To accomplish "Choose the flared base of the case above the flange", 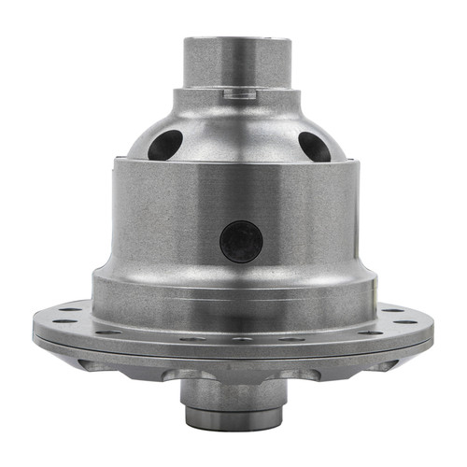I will (233, 290).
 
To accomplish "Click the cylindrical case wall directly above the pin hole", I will (233, 191).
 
